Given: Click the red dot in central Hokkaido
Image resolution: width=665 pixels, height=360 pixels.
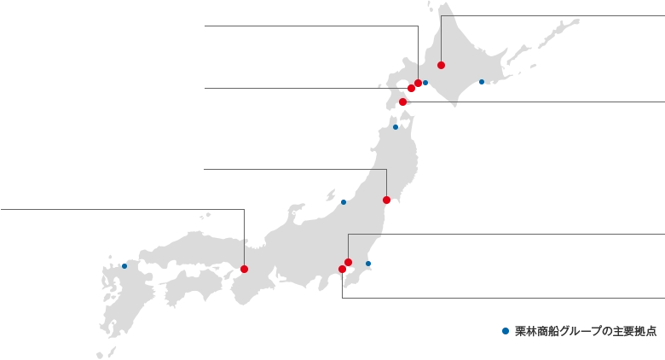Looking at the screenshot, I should (x=441, y=65).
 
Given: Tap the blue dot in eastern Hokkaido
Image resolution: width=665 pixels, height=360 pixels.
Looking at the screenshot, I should (x=481, y=83).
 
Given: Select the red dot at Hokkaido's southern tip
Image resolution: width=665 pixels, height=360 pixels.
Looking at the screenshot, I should (x=402, y=102).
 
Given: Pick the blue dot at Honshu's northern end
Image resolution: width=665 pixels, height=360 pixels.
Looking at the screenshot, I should (x=395, y=127).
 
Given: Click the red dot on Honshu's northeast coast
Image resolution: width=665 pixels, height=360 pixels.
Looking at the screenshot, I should (x=386, y=200).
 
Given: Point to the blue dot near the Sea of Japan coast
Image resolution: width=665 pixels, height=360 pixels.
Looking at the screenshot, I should (x=344, y=201).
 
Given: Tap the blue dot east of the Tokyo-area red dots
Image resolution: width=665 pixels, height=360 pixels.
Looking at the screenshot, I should (x=368, y=264).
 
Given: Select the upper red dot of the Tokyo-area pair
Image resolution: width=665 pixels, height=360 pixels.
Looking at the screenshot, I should (x=348, y=262).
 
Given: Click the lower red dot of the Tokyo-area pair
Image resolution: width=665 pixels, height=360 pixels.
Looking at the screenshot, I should (x=342, y=269).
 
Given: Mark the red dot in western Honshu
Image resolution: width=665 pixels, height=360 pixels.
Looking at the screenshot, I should (x=244, y=269).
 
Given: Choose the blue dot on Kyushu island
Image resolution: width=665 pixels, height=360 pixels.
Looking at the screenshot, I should (x=124, y=266).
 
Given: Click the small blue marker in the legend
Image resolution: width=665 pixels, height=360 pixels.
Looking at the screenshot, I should (x=505, y=330).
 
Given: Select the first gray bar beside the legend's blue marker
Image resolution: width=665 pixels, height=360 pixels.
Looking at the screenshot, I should (x=546, y=330).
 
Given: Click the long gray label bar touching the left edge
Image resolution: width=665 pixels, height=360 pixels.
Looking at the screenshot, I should (x=119, y=208).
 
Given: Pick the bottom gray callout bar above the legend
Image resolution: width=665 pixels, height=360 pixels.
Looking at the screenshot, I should (x=503, y=297).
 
